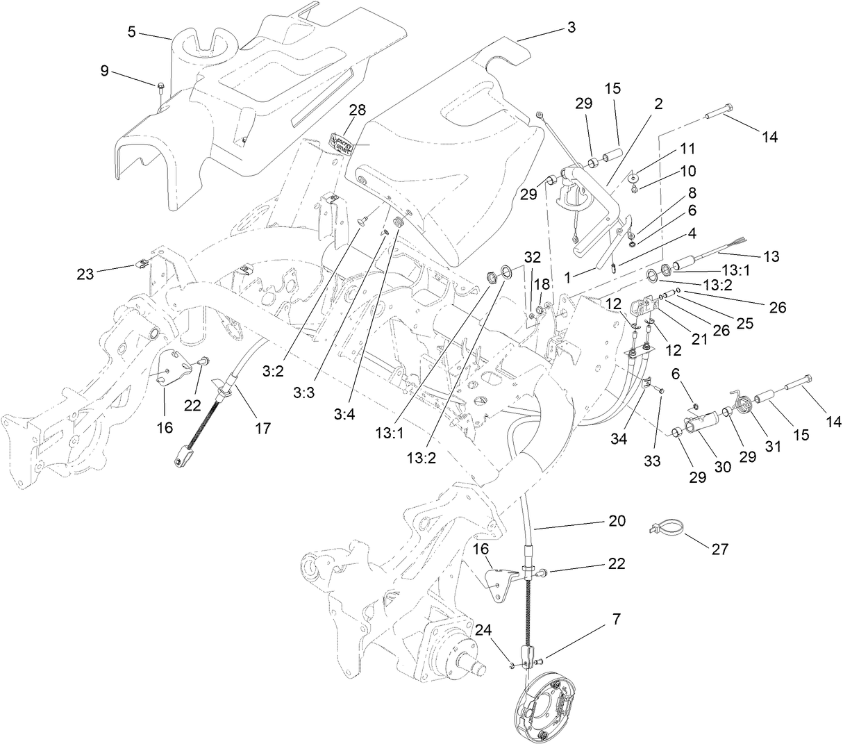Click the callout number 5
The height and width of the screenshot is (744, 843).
coord(132,31)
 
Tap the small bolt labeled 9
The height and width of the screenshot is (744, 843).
coord(160,86)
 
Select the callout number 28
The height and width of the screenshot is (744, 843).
coord(358,110)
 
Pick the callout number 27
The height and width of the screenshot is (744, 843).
coord(719,549)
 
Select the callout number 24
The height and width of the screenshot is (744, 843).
coord(483,630)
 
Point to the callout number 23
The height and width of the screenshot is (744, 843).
coord(85,274)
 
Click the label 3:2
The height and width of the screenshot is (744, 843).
coord(274,371)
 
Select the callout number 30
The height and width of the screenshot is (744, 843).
coord(724,468)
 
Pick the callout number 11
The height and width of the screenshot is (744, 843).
coord(687,149)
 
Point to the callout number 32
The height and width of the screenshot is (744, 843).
coord(533,257)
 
